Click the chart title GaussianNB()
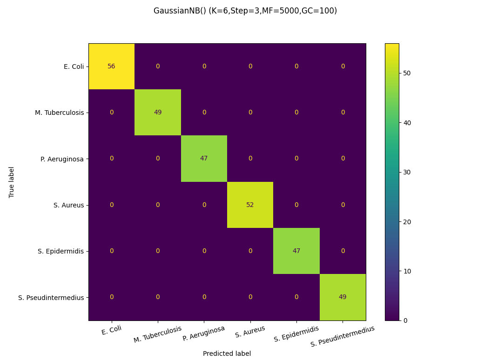(245, 11)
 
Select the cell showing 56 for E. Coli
(111, 67)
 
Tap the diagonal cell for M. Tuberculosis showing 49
(158, 113)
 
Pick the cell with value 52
(250, 205)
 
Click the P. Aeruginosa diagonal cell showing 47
(204, 159)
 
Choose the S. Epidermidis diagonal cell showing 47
(296, 251)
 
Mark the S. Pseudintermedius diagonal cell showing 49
(343, 297)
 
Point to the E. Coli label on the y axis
(74, 67)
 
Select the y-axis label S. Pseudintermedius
(51, 297)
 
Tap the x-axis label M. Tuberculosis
(158, 334)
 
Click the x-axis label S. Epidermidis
(296, 334)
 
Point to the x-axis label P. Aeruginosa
(204, 333)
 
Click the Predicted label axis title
(227, 353)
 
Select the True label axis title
(12, 182)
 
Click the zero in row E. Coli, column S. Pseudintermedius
(343, 67)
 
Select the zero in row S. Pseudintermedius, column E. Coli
(111, 297)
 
